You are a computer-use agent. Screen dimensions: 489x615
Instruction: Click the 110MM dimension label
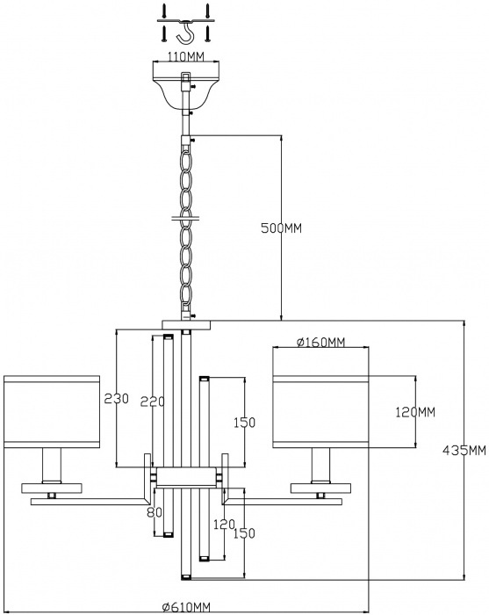coord(186,57)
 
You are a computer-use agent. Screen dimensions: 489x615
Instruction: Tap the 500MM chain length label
coord(282,228)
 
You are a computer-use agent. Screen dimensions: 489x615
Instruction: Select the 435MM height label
coord(464,450)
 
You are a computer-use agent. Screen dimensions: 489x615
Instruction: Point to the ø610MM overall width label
coord(186,607)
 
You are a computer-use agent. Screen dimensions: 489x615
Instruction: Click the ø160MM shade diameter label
coord(321,343)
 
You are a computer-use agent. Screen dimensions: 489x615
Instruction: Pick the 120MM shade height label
coord(415,412)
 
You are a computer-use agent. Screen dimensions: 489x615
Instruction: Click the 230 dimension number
coord(116,399)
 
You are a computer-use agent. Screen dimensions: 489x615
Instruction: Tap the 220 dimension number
coord(153,402)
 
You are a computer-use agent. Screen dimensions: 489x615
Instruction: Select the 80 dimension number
coord(155,512)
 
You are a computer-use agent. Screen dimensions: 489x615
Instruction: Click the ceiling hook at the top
coord(186,32)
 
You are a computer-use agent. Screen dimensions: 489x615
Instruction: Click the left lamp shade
coord(52,411)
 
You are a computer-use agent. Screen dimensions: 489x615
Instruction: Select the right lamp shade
coord(321,411)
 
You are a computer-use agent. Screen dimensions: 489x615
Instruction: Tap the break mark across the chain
coord(186,216)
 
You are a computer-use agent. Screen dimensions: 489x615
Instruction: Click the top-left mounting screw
coord(164,11)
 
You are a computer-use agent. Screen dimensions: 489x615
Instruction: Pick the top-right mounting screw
coord(208,11)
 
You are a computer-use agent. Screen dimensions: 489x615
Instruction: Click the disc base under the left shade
coord(52,488)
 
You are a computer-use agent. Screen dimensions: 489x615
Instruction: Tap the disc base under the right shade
coord(321,488)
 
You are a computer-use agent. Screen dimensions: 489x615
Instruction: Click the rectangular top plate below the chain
coord(186,325)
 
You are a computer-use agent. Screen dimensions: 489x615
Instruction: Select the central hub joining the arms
coord(186,477)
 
